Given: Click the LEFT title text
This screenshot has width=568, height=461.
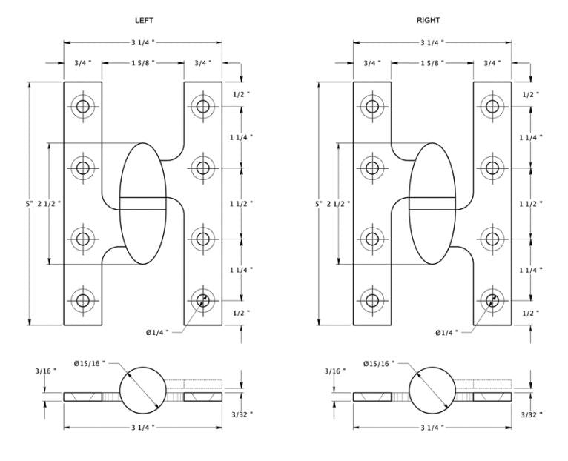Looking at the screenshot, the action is tap(144, 20).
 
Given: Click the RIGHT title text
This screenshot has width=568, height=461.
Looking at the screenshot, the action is tap(428, 20).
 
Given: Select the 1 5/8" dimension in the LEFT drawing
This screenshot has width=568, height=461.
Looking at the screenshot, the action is tap(143, 63).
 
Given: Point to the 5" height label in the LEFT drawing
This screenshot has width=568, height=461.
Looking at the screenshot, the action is tap(30, 204).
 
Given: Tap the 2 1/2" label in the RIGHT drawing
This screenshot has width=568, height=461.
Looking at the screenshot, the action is tap(338, 204).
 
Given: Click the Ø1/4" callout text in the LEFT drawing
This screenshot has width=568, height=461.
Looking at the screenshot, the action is tap(158, 332).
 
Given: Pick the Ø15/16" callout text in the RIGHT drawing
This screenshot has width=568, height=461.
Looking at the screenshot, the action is tap(379, 364).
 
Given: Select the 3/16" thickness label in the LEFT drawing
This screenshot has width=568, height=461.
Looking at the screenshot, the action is tap(46, 371).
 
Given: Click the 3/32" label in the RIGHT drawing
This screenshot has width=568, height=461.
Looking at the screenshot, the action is tap(532, 415).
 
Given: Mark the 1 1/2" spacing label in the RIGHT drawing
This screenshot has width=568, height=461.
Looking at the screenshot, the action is tap(531, 204).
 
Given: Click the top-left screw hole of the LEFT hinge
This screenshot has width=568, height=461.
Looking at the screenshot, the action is tap(83, 107).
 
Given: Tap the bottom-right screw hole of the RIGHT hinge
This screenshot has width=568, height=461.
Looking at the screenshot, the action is tap(492, 300).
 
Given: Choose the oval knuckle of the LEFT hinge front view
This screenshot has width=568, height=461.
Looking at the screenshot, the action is tap(143, 204).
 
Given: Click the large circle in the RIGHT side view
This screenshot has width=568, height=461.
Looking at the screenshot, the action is tap(432, 390).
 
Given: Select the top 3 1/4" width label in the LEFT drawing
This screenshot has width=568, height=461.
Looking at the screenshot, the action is tap(143, 43).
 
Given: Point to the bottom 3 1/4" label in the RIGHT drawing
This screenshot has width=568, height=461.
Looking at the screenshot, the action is tap(432, 428).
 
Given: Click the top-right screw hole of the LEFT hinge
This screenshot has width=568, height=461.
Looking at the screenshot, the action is tap(203, 107).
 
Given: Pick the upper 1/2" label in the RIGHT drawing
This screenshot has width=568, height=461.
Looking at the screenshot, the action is tap(531, 95).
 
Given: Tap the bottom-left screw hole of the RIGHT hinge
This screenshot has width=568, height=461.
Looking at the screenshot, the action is tap(372, 300).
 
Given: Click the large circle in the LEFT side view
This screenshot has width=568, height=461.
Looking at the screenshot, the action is tap(143, 390).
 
